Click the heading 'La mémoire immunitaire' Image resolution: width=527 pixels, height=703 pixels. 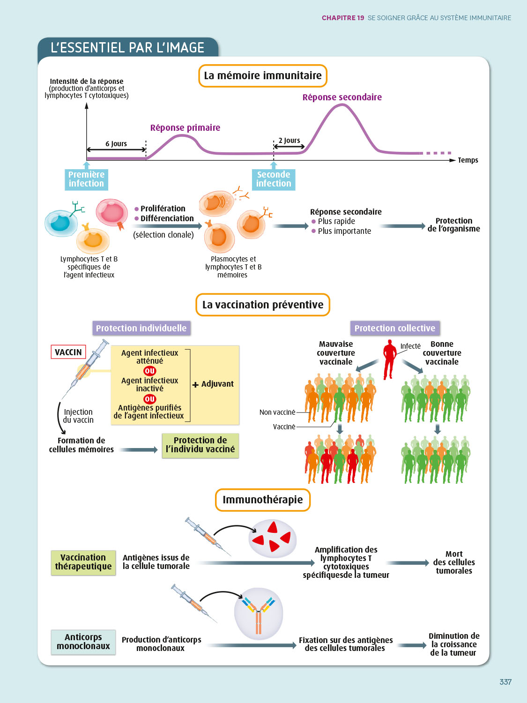tap(263, 76)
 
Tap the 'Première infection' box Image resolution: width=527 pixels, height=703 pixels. tap(86, 179)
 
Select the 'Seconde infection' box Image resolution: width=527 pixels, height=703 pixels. tap(274, 179)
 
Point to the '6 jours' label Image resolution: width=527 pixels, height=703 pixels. tap(116, 144)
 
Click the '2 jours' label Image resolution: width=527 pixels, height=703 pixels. tap(289, 141)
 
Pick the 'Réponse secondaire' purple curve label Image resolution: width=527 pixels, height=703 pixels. tap(342, 97)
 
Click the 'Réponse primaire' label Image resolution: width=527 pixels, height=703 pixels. tap(185, 128)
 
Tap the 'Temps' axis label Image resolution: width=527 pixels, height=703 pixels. tap(468, 160)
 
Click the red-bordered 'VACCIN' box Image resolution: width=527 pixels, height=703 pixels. tap(68, 352)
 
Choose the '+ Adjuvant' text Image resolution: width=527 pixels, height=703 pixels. tap(213, 384)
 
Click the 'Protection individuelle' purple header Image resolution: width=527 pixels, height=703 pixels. tap(141, 329)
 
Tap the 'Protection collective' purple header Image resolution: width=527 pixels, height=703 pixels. tap(394, 329)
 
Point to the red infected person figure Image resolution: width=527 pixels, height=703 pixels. tap(389, 359)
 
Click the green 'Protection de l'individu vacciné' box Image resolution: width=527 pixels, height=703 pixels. tap(200, 445)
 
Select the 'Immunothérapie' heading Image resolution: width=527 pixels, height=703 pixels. tap(263, 500)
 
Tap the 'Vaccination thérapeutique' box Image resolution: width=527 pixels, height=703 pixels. tap(83, 562)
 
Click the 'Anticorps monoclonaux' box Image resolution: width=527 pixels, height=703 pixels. tap(83, 642)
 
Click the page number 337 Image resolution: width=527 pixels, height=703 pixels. tap(505, 682)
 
